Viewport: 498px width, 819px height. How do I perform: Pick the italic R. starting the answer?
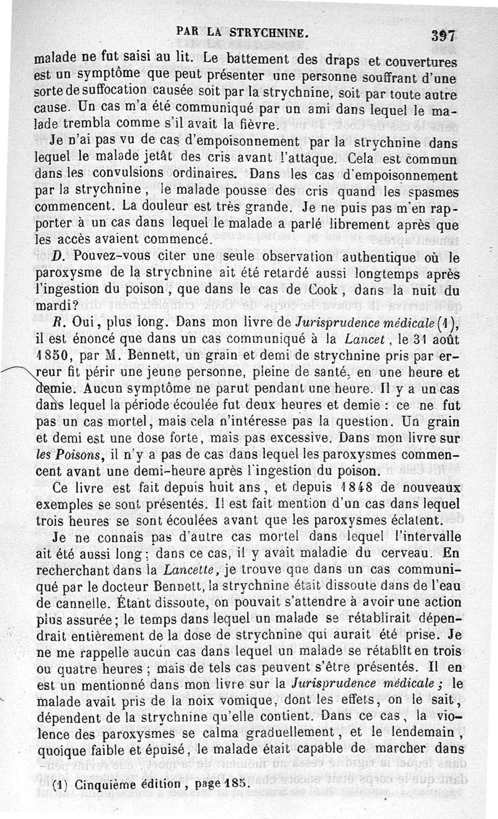(61, 322)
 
